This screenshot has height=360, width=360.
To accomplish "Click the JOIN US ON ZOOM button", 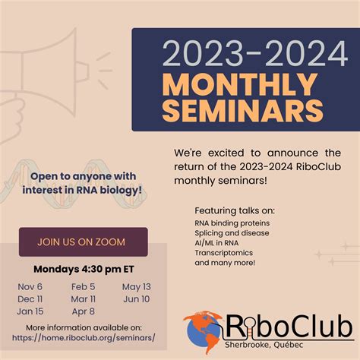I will pos(83,242).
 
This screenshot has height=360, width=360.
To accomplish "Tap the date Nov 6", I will pos(30,286).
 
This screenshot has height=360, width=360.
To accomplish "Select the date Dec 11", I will pos(31,298).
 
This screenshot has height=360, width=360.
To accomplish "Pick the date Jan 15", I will pos(30,311).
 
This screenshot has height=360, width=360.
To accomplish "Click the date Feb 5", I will pos(83,286).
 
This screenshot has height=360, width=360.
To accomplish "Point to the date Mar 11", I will pos(83,298).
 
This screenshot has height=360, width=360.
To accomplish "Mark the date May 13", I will pos(136,286).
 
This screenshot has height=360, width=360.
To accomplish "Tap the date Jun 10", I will pos(136,298).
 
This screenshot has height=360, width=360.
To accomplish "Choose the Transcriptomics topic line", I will pos(225,253).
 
